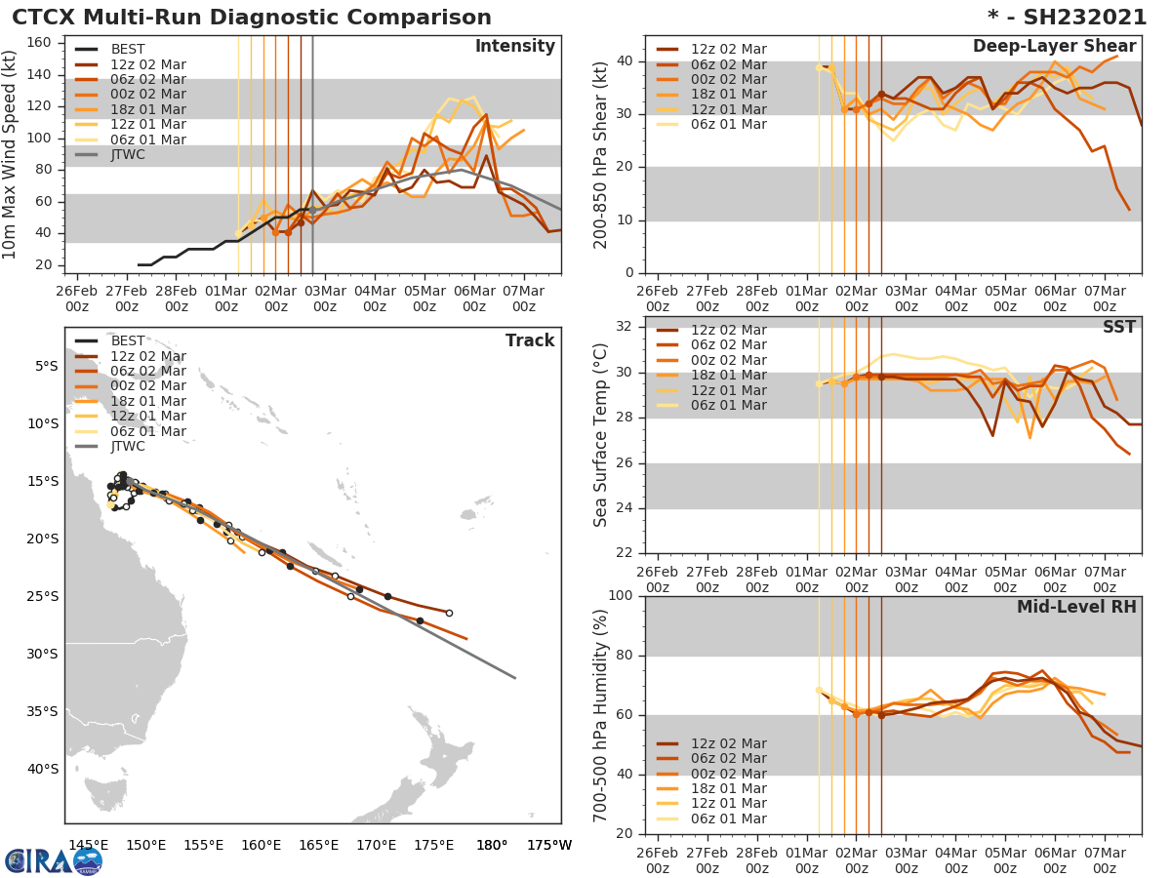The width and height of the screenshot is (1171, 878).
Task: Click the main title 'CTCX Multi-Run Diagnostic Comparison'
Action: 252,18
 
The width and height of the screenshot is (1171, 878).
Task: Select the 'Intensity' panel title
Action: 514,47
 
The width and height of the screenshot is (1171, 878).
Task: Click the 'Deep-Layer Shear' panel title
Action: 1054,47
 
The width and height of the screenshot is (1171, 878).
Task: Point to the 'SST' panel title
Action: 1118,327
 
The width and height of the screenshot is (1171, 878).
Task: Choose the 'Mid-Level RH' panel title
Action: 1076,607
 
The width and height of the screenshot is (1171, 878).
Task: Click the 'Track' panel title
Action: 530,340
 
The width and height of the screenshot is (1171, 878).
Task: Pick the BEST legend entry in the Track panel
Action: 128,340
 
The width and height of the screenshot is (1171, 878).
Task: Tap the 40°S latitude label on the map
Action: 45,769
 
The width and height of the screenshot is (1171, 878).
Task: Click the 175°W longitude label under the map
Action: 549,845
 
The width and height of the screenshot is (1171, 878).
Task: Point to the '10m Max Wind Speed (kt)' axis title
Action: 11,155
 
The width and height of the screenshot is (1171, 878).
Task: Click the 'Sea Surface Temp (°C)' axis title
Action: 601,435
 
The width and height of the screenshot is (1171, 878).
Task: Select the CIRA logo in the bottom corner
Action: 54,860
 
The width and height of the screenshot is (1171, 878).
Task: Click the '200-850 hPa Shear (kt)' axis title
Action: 601,155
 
